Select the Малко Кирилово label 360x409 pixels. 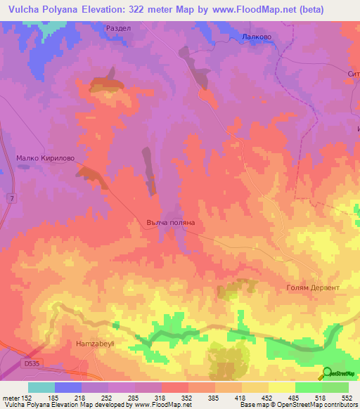pos(45,158)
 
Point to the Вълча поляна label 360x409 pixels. pos(166,222)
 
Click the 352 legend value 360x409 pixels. pos(188,397)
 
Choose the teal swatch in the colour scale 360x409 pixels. pos(41,387)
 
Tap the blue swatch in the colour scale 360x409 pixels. pos(68,387)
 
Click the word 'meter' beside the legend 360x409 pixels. pos(11,397)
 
